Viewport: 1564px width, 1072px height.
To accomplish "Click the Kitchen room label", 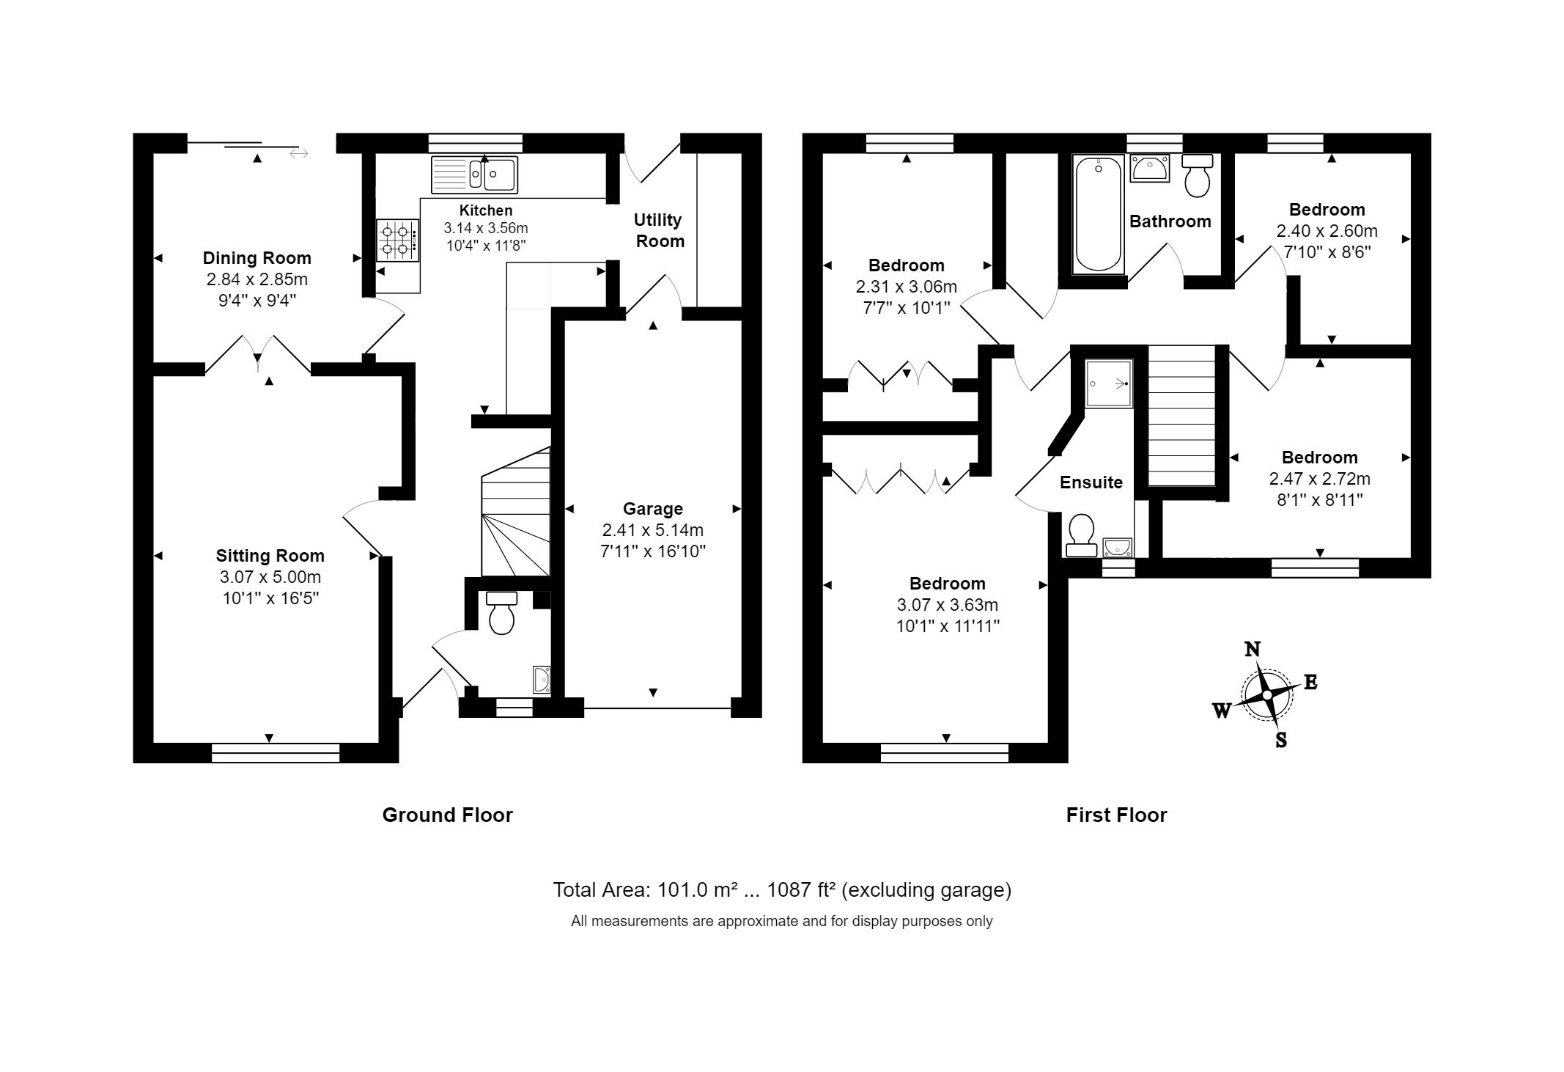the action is click(486, 210).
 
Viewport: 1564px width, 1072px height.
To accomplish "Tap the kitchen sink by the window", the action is click(474, 175).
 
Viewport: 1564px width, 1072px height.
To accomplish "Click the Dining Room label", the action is click(257, 258).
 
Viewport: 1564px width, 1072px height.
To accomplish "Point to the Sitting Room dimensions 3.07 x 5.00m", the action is click(270, 577).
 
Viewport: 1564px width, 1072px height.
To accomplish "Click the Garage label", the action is click(653, 509).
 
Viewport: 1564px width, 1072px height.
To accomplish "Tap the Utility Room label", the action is click(659, 230).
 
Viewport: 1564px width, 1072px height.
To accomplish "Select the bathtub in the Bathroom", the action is click(1099, 213).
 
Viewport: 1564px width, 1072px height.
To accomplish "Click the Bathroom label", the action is click(1170, 221).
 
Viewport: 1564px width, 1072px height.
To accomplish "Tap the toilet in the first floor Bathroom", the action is click(1198, 175).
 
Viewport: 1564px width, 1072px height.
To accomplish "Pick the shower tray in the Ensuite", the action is click(1109, 383).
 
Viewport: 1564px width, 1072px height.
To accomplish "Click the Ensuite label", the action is click(1091, 482).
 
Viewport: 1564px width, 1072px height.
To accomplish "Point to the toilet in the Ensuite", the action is click(1081, 535).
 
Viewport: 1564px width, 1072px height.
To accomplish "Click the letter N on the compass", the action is click(1253, 649).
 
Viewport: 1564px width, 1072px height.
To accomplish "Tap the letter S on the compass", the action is click(1281, 741).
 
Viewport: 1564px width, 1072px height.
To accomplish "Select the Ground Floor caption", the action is click(448, 815).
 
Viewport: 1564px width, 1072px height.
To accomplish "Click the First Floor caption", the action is click(1116, 815).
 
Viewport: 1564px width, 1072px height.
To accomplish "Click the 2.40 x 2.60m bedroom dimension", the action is click(1327, 231).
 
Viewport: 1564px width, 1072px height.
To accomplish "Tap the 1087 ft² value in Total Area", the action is click(801, 890).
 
